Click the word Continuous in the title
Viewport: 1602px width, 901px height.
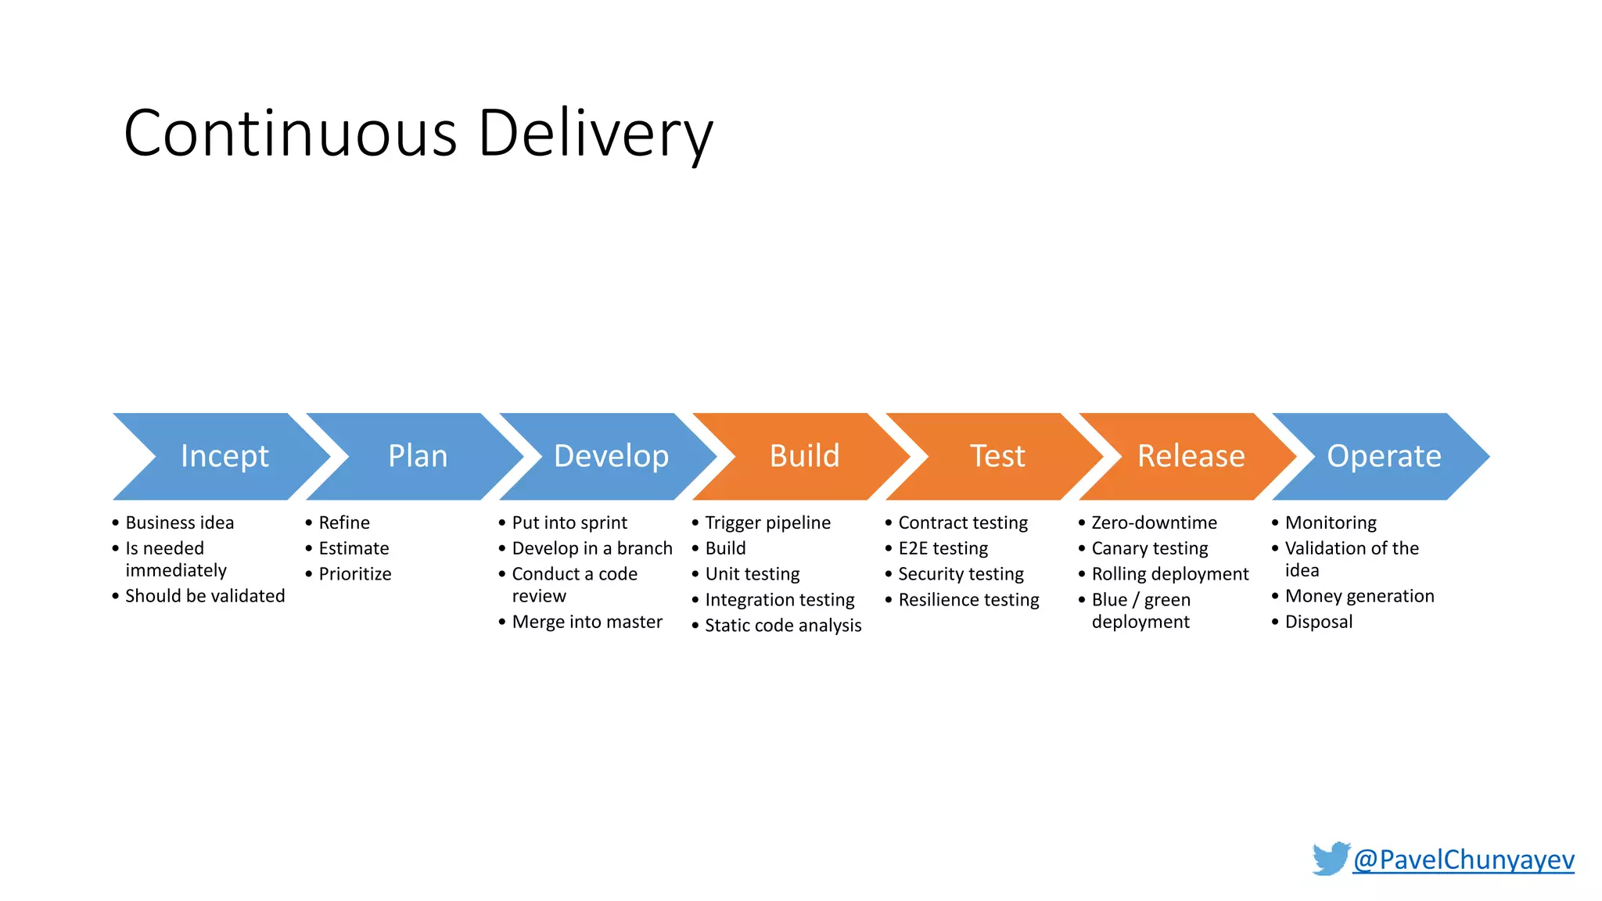point(289,133)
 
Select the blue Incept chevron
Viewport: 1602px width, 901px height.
point(224,456)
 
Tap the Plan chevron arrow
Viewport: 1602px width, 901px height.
point(418,456)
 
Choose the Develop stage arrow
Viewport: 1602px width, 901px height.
point(611,456)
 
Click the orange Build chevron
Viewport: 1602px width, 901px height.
point(804,456)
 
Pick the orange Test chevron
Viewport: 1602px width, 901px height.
point(997,456)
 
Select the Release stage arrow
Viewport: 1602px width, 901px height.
point(1191,456)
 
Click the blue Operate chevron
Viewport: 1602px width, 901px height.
point(1384,456)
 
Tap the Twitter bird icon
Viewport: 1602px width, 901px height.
point(1331,859)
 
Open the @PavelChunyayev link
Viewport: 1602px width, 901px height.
point(1463,860)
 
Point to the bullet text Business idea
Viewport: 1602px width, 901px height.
point(179,522)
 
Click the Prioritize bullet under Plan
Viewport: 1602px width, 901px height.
point(354,574)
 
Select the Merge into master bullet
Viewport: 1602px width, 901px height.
point(587,622)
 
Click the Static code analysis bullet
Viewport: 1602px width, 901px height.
point(782,626)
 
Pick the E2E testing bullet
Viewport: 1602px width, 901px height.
point(943,548)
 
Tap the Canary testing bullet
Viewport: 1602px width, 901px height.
point(1149,548)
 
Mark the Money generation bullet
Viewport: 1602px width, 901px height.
point(1359,596)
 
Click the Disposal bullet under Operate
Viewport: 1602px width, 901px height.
point(1318,622)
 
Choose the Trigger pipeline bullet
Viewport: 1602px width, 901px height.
point(767,522)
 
